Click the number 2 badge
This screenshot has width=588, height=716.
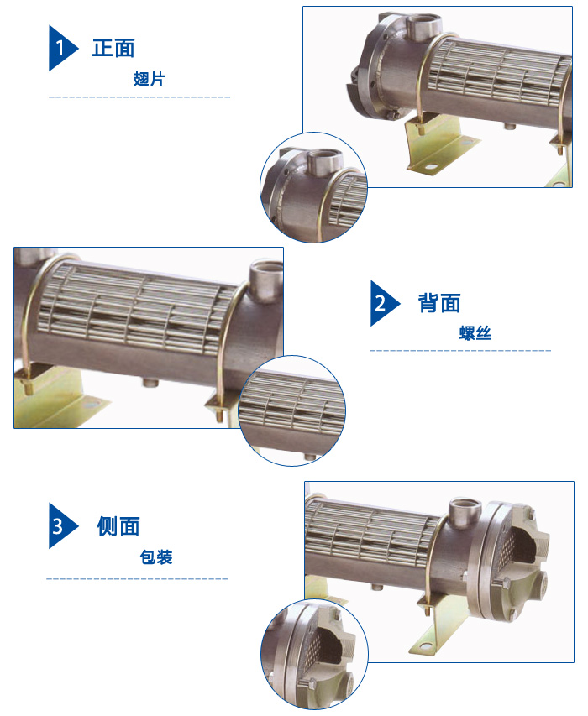(383, 302)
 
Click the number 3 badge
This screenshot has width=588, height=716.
(60, 526)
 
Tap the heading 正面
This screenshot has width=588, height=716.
(113, 48)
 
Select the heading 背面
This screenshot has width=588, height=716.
(439, 302)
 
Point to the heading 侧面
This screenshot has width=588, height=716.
(118, 526)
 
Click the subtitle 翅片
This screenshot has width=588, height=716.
(150, 80)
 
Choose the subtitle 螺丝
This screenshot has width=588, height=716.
(475, 333)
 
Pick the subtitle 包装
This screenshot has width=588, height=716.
(156, 557)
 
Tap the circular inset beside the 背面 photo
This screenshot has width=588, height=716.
(292, 410)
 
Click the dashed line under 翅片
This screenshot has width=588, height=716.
(139, 97)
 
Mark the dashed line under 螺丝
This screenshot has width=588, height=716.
(460, 350)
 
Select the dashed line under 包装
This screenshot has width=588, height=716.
(137, 579)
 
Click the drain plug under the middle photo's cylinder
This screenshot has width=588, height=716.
(151, 383)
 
